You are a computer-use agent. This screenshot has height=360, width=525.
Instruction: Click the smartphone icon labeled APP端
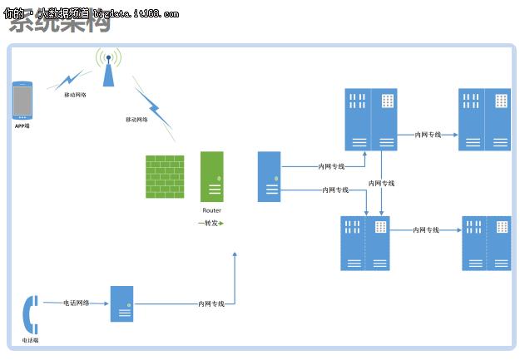click(22, 101)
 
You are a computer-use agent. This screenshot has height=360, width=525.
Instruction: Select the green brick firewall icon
click(165, 176)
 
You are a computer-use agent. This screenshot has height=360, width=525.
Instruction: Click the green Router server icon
click(212, 176)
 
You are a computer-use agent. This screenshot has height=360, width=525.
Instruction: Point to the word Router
click(212, 211)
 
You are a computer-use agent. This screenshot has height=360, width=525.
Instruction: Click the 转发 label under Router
click(211, 223)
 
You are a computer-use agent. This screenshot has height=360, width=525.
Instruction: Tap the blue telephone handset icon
click(30, 315)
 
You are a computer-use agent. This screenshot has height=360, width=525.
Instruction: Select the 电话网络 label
click(77, 303)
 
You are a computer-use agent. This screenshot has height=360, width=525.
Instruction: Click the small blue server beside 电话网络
click(121, 304)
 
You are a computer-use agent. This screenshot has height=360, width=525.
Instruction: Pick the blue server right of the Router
click(269, 176)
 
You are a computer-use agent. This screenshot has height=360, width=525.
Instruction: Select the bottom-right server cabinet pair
click(487, 243)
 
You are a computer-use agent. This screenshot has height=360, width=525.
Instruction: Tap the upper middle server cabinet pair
click(371, 120)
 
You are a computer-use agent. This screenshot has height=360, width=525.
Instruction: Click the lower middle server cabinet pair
click(365, 243)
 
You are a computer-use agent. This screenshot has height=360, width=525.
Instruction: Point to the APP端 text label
click(22, 126)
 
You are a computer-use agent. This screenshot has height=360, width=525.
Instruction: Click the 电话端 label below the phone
click(30, 340)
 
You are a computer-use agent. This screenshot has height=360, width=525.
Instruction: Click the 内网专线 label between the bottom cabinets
click(425, 230)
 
